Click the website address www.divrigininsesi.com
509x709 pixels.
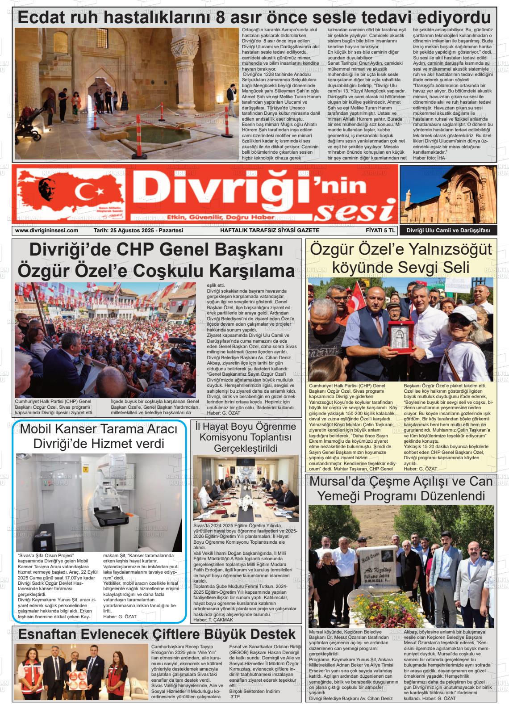[46, 231]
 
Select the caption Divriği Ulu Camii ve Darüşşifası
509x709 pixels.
[448, 231]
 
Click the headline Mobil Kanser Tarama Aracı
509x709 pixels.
[99, 429]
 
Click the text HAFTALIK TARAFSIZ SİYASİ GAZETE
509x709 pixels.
[270, 231]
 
